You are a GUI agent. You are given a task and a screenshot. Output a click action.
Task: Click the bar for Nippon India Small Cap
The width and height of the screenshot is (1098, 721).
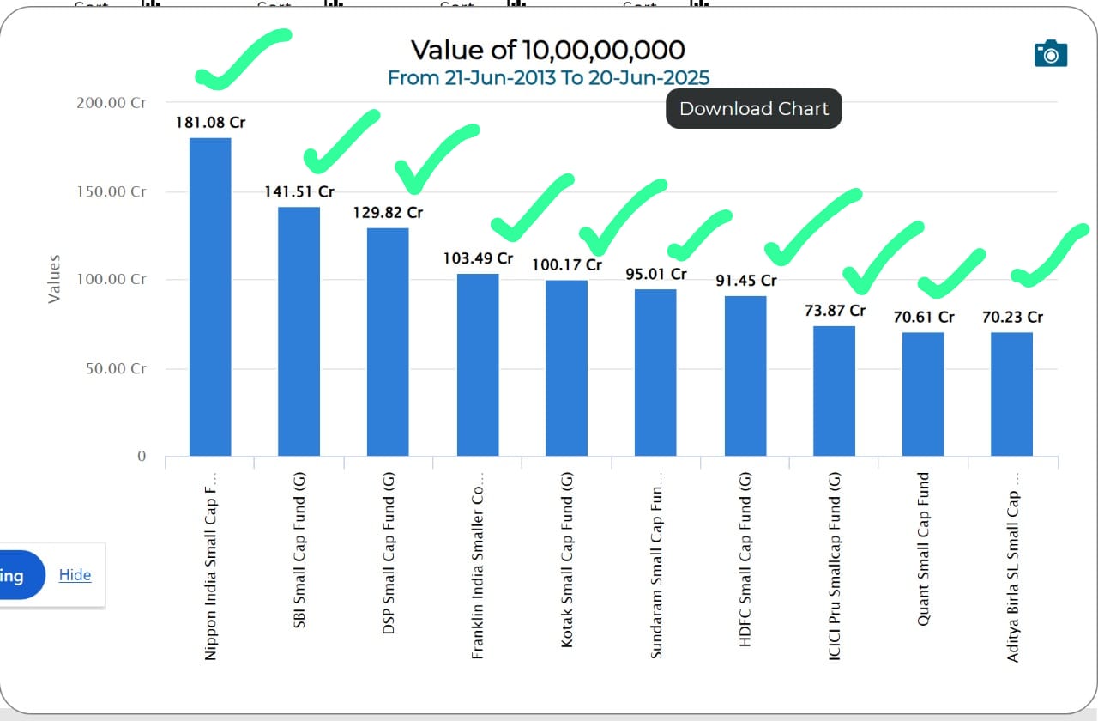210,296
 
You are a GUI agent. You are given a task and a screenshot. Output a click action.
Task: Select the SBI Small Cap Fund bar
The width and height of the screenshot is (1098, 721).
299,331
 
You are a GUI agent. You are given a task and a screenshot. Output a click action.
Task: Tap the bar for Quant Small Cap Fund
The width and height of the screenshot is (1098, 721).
923,394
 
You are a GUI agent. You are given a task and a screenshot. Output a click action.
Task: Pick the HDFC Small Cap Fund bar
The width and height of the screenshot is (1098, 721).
745,375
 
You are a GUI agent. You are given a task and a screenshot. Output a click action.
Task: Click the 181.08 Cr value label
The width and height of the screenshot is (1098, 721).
210,123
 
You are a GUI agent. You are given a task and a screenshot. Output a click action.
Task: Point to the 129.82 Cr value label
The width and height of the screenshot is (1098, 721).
388,213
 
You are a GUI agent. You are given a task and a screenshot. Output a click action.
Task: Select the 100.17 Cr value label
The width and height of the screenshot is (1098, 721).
567,264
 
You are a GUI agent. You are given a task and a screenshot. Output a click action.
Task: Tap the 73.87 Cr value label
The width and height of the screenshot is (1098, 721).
835,311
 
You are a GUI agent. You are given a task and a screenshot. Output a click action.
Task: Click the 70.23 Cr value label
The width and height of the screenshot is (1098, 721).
1012,318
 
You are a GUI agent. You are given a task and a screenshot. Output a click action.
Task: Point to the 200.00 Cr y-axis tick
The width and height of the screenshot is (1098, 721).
112,103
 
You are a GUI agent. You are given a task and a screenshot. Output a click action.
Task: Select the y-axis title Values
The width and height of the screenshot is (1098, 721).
54,278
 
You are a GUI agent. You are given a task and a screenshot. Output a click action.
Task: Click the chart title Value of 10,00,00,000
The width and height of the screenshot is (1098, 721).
547,50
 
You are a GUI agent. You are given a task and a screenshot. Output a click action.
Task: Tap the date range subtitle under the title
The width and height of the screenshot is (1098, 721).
548,78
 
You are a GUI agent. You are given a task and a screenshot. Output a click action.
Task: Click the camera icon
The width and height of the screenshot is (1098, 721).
1051,53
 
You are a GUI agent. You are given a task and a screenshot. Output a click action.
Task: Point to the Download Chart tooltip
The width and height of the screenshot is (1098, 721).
754,109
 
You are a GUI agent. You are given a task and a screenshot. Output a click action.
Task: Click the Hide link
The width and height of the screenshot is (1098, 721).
75,575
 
